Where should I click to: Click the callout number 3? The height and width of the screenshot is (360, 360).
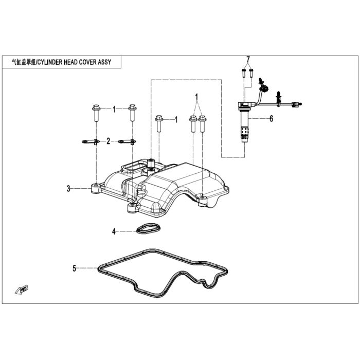click(68, 189)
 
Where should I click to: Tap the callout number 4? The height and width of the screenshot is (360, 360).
click(114, 231)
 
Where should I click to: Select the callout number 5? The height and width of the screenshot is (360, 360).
click(74, 268)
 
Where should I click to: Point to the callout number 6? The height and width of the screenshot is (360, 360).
click(272, 119)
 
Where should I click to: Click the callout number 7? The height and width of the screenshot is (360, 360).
click(248, 59)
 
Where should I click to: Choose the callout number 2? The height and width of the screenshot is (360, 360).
click(109, 141)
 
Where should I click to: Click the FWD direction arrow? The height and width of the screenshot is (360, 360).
click(22, 290)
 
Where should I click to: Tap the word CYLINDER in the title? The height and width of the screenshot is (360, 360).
click(50, 62)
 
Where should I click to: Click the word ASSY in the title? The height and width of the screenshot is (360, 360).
click(104, 62)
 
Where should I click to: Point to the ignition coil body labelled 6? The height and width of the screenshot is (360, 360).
click(245, 122)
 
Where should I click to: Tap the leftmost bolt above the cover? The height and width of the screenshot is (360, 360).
click(96, 113)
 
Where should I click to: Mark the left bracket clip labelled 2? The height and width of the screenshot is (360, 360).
click(91, 141)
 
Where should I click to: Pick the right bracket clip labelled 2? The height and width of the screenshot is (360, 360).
click(127, 141)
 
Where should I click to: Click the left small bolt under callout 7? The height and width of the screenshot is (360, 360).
click(244, 73)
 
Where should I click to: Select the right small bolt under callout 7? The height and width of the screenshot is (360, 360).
click(251, 73)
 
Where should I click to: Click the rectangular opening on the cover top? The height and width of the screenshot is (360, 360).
click(133, 166)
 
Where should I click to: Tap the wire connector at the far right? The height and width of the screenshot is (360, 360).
click(296, 104)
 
